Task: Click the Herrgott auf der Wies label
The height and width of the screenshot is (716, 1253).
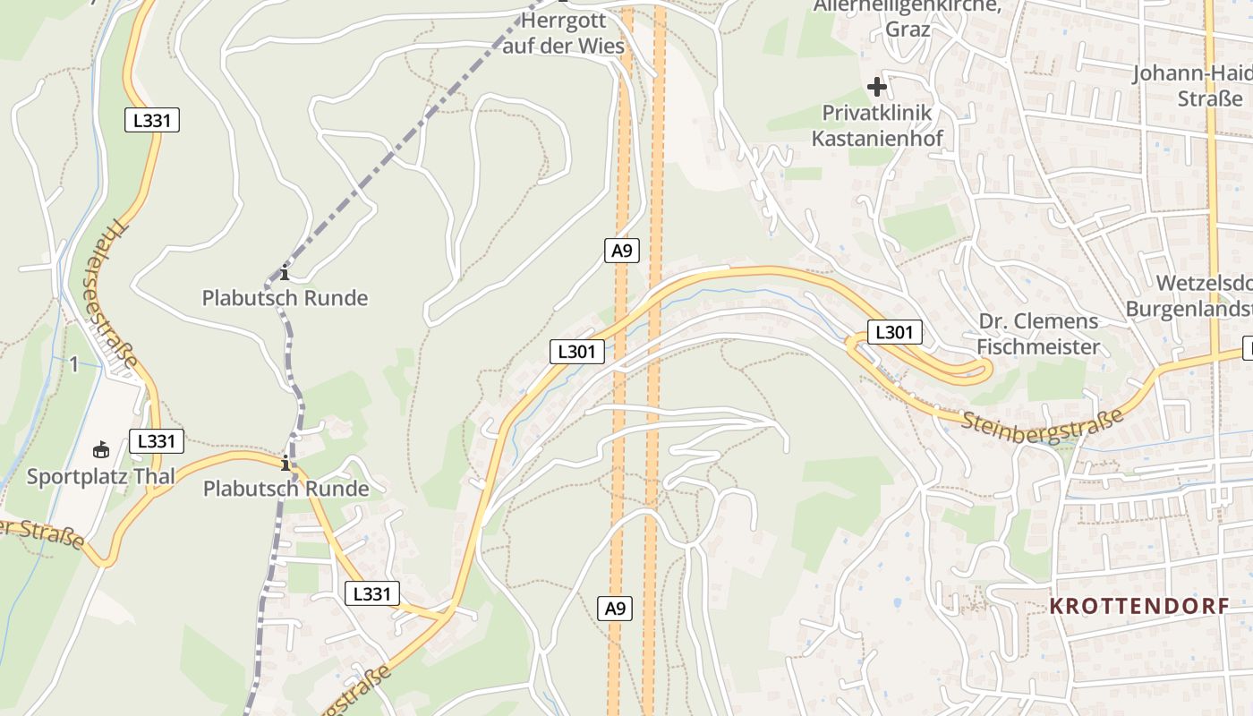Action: tap(563, 32)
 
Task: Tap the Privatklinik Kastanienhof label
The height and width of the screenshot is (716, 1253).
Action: tap(877, 125)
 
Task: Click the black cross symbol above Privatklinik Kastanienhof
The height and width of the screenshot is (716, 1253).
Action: tap(877, 87)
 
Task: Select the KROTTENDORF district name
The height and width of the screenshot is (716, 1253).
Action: tap(1139, 607)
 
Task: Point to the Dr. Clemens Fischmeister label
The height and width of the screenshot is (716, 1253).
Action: tap(1038, 334)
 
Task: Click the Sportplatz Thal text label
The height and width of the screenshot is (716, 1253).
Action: tap(100, 476)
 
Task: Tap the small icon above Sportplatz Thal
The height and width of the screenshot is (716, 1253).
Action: tap(100, 449)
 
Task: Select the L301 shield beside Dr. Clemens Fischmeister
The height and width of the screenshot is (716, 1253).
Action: tap(894, 333)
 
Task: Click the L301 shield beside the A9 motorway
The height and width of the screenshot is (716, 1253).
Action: tap(576, 352)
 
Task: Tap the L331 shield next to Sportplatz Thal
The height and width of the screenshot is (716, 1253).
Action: tap(157, 441)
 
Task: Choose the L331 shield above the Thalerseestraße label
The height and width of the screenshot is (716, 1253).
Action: tap(152, 120)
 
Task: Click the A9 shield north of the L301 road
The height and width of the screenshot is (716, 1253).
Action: tap(622, 251)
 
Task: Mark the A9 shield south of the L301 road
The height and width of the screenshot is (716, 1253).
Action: tap(615, 609)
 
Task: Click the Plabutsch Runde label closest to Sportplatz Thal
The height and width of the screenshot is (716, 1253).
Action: tap(286, 489)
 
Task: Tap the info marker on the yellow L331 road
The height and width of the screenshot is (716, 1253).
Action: tap(286, 464)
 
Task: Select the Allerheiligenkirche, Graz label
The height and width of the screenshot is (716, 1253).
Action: tap(907, 18)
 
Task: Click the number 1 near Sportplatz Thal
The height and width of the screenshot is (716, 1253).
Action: tap(74, 363)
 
